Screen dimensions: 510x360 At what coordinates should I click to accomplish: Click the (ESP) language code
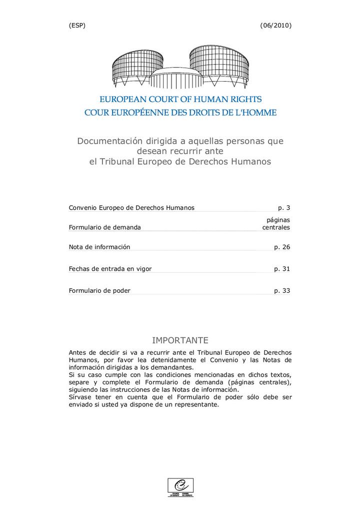click(x=77, y=26)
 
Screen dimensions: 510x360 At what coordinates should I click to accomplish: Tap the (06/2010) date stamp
click(x=276, y=26)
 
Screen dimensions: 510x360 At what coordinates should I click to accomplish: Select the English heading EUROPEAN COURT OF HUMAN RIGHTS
click(x=180, y=100)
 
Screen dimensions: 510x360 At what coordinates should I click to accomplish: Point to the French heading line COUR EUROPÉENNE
click(x=180, y=113)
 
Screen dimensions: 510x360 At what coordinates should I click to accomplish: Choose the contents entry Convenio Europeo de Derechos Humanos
click(x=131, y=208)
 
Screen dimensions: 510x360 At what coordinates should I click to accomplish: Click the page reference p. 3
click(x=284, y=208)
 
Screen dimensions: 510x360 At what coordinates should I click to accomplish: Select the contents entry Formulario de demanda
click(x=105, y=227)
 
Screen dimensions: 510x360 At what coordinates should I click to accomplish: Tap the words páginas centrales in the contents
click(x=276, y=223)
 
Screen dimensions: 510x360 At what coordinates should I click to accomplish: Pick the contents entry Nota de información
click(x=99, y=247)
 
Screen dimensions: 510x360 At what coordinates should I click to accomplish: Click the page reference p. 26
click(x=282, y=247)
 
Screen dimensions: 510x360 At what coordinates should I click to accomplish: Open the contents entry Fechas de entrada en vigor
click(x=110, y=269)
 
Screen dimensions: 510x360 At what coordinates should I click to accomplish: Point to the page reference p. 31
click(x=282, y=269)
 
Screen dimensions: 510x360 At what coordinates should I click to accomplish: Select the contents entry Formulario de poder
click(x=99, y=291)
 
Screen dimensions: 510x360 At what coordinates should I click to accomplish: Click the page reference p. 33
click(x=282, y=291)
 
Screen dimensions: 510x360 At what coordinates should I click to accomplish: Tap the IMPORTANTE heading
click(x=180, y=341)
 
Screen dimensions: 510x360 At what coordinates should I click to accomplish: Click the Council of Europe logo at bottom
click(x=180, y=487)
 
